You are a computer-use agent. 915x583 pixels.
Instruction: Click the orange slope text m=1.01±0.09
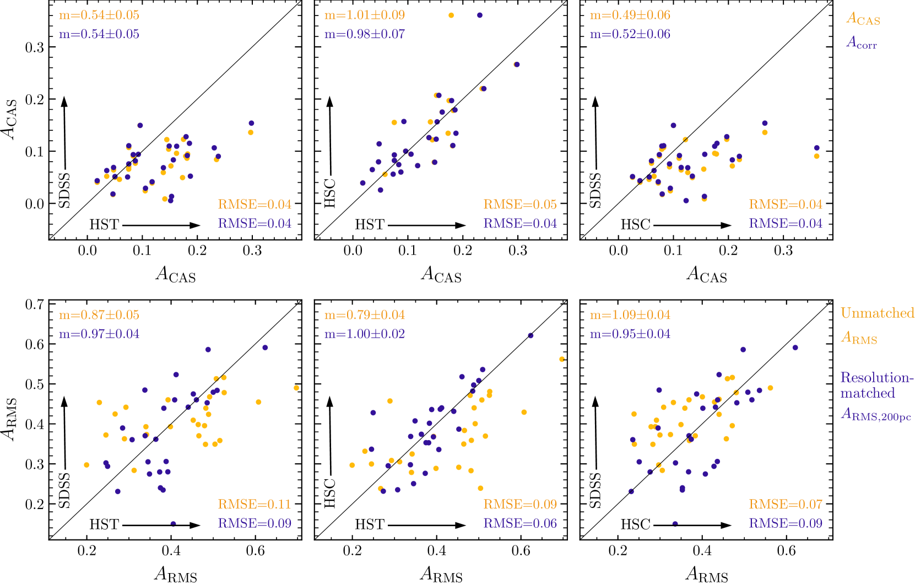(x=365, y=15)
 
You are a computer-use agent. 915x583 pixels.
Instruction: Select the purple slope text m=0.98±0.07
(x=365, y=34)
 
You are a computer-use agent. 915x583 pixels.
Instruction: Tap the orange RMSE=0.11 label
(x=255, y=504)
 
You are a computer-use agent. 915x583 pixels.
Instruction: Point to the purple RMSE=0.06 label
(x=520, y=523)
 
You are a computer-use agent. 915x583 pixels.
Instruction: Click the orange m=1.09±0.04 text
(x=630, y=315)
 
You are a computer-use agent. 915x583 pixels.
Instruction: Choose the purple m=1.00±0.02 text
(x=365, y=334)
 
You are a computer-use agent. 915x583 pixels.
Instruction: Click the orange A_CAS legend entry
(x=863, y=19)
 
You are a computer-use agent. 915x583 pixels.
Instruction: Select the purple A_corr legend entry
(x=862, y=42)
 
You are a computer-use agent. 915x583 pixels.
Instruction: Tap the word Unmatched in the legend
(x=877, y=313)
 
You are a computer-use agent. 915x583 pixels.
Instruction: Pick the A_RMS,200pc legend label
(x=876, y=414)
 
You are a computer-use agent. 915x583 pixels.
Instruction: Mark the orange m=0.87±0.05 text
(x=99, y=315)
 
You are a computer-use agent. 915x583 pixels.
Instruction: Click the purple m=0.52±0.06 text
(x=630, y=34)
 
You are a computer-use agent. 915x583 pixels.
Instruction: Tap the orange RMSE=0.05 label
(x=520, y=205)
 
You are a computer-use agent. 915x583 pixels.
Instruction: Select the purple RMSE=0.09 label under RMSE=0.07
(x=786, y=523)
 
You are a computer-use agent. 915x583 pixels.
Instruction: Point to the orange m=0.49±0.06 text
(x=630, y=15)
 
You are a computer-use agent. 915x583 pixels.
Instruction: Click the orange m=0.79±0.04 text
(x=365, y=315)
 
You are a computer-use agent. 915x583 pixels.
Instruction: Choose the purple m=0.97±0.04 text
(x=99, y=334)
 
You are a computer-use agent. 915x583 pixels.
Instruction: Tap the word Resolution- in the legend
(x=877, y=378)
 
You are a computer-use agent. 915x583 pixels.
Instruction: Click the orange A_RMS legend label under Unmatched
(x=859, y=338)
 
